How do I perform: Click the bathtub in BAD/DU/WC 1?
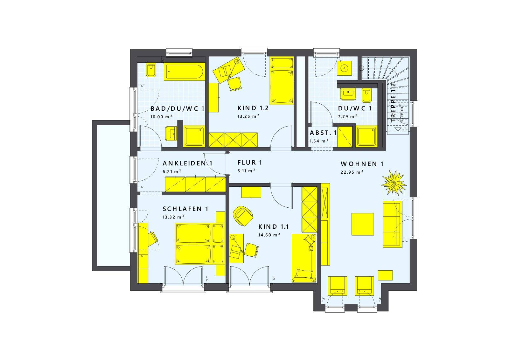(x=184, y=72)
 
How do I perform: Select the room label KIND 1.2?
(x=253, y=108)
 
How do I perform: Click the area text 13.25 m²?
(x=248, y=116)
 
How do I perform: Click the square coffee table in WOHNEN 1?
(x=363, y=224)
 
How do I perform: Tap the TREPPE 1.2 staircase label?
(x=393, y=103)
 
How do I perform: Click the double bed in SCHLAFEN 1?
(x=199, y=244)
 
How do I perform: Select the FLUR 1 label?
(x=250, y=163)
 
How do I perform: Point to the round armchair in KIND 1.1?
(x=243, y=216)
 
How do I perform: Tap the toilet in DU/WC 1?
(x=366, y=95)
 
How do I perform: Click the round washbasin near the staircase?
(x=344, y=68)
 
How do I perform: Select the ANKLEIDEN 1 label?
(x=187, y=163)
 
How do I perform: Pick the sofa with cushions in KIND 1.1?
(x=304, y=258)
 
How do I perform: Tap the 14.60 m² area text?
(x=269, y=235)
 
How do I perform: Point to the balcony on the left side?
(x=111, y=196)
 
